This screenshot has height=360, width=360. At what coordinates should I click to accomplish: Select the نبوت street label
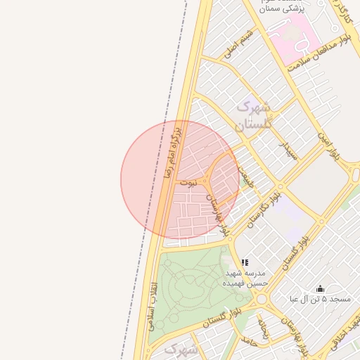[187, 183]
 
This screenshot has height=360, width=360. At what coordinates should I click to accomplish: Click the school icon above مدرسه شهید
[245, 263]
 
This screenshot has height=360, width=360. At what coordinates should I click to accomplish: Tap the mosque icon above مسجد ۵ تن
[321, 288]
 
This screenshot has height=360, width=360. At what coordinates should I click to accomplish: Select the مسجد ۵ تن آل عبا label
[321, 300]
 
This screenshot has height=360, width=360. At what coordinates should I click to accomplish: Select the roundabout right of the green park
[263, 299]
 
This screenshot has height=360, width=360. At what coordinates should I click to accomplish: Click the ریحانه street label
[264, 328]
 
